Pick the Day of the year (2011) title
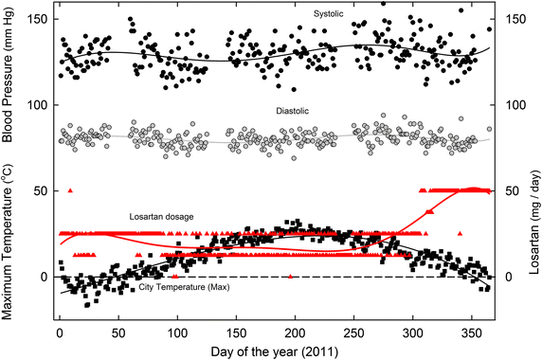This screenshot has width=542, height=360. [272, 351]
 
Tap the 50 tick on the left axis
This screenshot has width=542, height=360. [40, 191]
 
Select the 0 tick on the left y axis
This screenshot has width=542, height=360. [43, 278]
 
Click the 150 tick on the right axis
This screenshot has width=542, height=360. [513, 20]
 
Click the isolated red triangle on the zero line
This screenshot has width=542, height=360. [290, 276]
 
